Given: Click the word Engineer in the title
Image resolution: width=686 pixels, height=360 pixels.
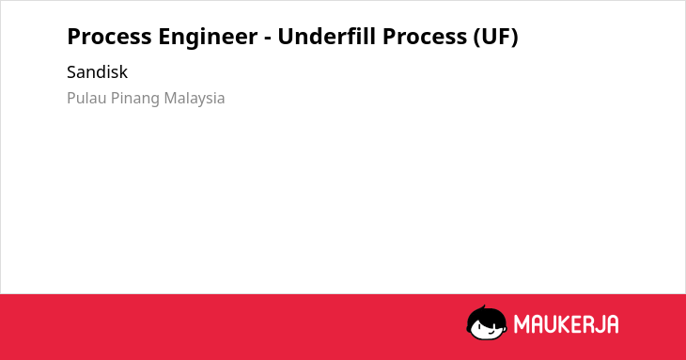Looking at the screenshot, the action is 208,37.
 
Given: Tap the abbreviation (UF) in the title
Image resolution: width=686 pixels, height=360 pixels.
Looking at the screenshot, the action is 495,37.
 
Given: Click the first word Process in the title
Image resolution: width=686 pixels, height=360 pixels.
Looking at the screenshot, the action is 109,37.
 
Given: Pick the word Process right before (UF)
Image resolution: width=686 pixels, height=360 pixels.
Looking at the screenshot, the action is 425,37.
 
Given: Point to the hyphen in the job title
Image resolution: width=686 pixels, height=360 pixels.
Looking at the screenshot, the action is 268,39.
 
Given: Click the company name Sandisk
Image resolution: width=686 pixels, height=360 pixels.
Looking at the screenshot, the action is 97,72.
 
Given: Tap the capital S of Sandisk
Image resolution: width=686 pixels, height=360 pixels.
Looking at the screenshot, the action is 71,72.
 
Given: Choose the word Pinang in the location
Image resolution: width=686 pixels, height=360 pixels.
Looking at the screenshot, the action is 135,99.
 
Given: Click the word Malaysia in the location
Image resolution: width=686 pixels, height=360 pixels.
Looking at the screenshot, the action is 195,99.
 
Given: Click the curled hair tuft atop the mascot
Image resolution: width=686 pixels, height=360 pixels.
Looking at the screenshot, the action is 484,307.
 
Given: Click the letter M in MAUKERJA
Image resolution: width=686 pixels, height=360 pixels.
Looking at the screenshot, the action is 521,324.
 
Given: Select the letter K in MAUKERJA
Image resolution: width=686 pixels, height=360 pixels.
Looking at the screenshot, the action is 563,324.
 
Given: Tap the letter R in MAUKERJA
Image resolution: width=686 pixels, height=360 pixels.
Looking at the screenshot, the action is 585,324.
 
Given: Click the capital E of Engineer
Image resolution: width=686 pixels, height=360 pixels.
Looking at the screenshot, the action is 164,37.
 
